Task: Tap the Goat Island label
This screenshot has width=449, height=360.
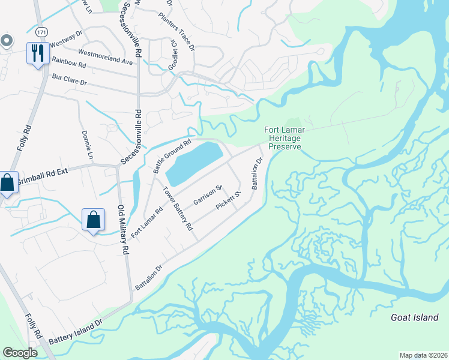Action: (414, 317)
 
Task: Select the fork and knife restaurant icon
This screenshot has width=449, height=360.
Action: (37, 53)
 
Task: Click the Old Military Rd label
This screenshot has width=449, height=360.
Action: (122, 230)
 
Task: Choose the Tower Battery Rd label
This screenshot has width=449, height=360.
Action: (178, 209)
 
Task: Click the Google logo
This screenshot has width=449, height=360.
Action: (20, 353)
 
